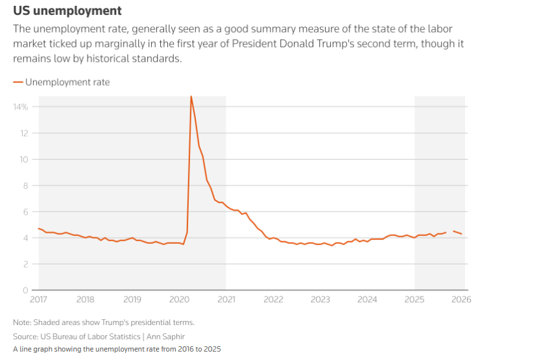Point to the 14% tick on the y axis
(x=22, y=107)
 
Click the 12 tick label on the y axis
(x=25, y=133)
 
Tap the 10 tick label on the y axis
(x=25, y=160)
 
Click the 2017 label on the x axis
(x=38, y=300)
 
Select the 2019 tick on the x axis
(x=132, y=300)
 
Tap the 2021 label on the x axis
(x=226, y=300)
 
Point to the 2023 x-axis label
(x=320, y=300)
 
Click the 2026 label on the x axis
(x=461, y=300)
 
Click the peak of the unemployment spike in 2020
(x=191, y=97)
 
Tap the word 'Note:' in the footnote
(x=22, y=322)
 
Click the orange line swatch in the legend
(x=18, y=82)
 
